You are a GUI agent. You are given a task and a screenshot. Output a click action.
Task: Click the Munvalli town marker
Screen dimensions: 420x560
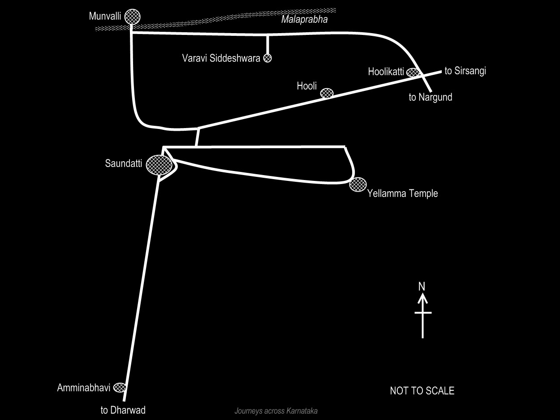pos(132,17)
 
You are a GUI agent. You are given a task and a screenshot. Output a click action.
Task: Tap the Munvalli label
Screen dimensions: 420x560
pos(105,17)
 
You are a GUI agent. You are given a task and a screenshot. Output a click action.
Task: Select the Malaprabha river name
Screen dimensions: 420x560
pos(304,19)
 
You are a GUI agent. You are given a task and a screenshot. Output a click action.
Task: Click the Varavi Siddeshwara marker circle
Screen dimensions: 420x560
pos(267,58)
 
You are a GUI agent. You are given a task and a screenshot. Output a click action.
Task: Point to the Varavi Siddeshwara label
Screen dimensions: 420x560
pos(221,58)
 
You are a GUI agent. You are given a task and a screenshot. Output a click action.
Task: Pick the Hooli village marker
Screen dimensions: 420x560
pos(327,93)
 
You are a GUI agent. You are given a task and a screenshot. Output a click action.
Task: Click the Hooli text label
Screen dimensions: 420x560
pos(306,86)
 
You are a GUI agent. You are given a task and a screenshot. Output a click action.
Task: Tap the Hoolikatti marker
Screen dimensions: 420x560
pos(413,72)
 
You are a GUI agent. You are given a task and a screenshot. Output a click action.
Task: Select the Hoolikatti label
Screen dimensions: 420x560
pos(386,72)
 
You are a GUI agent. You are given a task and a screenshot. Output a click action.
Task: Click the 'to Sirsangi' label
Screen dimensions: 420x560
pos(465,71)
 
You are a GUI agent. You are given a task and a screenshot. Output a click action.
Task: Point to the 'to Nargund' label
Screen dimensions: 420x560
pos(431,97)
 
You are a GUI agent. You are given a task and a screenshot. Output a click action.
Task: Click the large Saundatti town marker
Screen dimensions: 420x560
pos(159,164)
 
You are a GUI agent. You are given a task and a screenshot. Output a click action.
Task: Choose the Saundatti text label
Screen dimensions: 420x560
pos(123,163)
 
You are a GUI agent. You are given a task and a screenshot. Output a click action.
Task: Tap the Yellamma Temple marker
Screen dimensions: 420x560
pos(358,184)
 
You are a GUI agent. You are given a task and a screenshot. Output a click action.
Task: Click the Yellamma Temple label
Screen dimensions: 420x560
pos(402,193)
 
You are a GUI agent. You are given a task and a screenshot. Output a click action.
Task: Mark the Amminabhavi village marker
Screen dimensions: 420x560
pos(119,387)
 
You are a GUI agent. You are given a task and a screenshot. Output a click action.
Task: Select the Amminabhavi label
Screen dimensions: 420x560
pos(84,388)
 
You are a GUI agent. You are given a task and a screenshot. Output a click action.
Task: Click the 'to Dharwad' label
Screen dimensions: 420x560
pos(123,410)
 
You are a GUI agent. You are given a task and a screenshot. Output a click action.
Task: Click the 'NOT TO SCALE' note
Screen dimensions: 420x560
pos(422,391)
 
